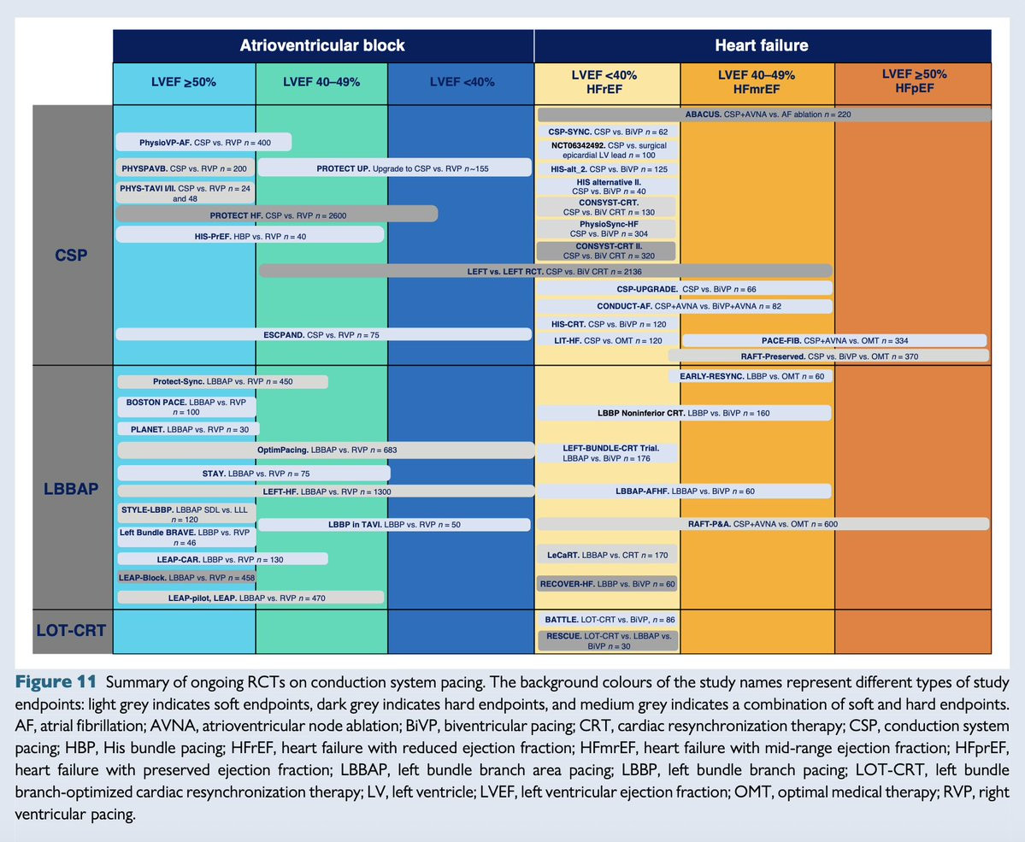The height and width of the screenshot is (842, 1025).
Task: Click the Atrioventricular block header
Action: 322,44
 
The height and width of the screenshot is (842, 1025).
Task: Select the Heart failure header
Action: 761,44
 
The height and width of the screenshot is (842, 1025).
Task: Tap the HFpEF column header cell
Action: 913,82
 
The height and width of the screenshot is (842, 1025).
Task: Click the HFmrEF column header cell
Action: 757,82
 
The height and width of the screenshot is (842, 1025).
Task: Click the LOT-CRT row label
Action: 72,632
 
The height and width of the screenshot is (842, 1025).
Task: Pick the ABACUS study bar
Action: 764,114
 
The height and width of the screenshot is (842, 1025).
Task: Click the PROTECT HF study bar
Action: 276,214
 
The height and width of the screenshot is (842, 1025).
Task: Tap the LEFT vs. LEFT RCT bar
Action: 545,271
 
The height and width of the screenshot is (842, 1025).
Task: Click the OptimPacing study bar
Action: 326,449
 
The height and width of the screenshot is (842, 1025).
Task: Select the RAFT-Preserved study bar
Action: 828,356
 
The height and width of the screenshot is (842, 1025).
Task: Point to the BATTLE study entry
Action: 606,618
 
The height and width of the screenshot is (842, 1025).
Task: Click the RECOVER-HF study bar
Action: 606,584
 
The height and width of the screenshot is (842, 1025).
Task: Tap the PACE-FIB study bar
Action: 836,340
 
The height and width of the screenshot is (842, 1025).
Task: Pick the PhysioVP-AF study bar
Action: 203,142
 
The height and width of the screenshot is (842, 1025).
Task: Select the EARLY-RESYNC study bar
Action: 749,375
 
